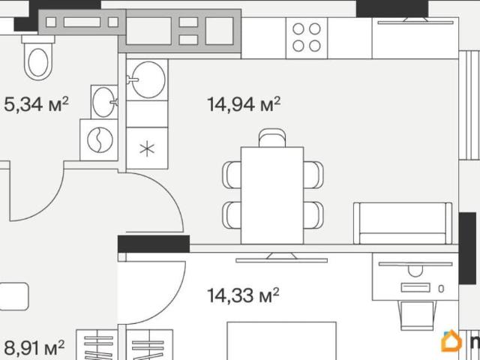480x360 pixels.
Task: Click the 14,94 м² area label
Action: pyautogui.click(x=244, y=104)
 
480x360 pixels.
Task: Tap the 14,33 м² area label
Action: pyautogui.click(x=243, y=295)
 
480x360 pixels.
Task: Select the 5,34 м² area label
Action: pyautogui.click(x=36, y=104)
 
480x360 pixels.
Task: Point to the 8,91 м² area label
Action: pyautogui.click(x=34, y=347)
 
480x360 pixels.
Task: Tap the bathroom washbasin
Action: pyautogui.click(x=104, y=102)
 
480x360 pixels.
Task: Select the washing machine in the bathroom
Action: pyautogui.click(x=99, y=140)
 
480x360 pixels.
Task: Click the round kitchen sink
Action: pyautogui.click(x=148, y=80)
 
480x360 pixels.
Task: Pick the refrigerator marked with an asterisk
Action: pyautogui.click(x=147, y=148)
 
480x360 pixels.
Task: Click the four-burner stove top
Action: pyautogui.click(x=307, y=37)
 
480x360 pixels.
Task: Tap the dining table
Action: pyautogui.click(x=272, y=195)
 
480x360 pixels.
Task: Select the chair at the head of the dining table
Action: pyautogui.click(x=272, y=138)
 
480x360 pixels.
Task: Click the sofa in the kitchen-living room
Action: pyautogui.click(x=403, y=223)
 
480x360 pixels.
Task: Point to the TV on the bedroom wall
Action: pyautogui.click(x=281, y=258)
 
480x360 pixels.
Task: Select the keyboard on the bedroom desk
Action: pyautogui.click(x=415, y=287)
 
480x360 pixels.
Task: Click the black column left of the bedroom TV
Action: pyautogui.click(x=154, y=244)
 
